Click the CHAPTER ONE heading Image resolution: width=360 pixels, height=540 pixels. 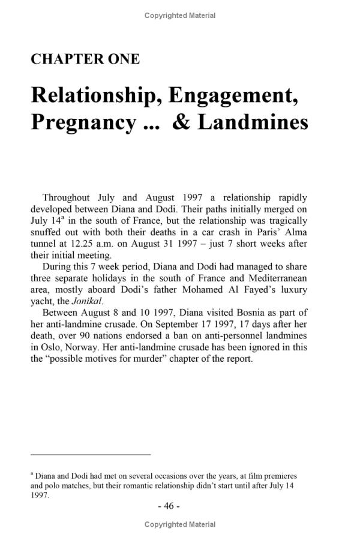(85, 59)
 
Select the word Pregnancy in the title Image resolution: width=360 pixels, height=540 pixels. (83, 122)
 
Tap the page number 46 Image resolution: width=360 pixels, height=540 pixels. (168, 506)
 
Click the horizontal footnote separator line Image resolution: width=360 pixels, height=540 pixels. (90, 455)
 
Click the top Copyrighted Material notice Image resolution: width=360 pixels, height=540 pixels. (180, 16)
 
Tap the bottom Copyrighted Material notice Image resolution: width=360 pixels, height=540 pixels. (180, 525)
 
